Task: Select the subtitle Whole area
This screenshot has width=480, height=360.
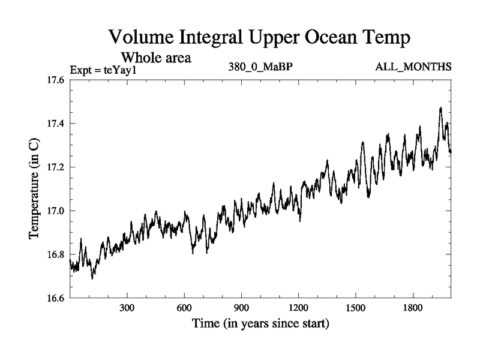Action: tap(156, 58)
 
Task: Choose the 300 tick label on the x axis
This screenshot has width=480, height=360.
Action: tap(127, 308)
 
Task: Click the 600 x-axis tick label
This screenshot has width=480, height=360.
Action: tap(184, 308)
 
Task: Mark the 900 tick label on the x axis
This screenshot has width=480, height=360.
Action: tap(241, 308)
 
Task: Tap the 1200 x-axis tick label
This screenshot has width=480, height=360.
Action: tap(298, 308)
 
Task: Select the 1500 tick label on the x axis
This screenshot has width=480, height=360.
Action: tap(355, 308)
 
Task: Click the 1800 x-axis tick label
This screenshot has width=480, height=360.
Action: tap(412, 308)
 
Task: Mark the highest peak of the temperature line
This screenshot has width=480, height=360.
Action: tap(441, 108)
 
